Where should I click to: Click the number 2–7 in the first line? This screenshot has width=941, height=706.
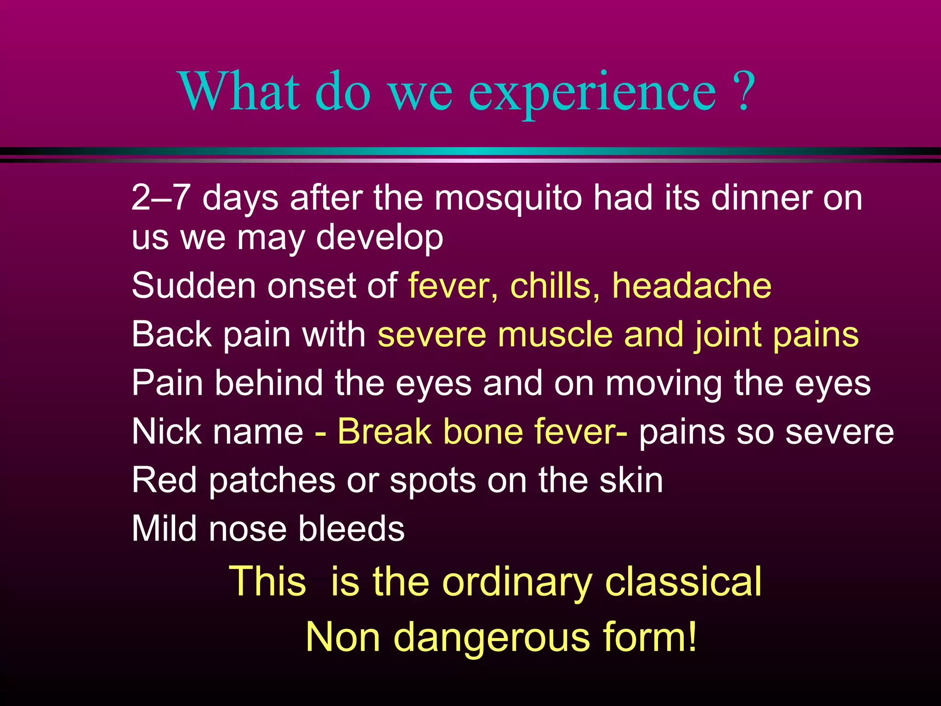[x=160, y=198]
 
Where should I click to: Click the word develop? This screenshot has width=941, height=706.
[x=380, y=238]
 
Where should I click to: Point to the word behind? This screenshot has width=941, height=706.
[x=269, y=383]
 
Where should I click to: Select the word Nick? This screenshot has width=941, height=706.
[x=166, y=432]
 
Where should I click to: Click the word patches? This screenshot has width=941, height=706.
[x=272, y=481]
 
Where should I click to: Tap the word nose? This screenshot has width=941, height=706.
[x=248, y=529]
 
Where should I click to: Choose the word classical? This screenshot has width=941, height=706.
[x=683, y=582]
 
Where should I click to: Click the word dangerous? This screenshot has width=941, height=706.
[x=492, y=637]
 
